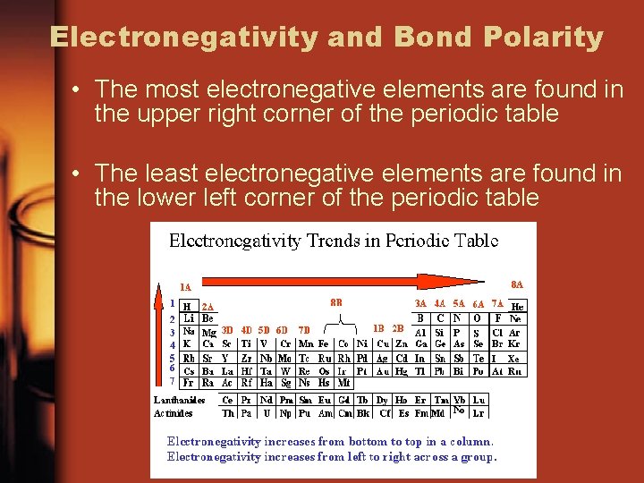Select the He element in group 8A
pyautogui.click(x=517, y=306)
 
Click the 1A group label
pyautogui.click(x=185, y=287)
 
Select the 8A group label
pyautogui.click(x=517, y=284)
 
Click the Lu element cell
pyautogui.click(x=479, y=400)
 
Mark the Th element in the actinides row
pyautogui.click(x=228, y=413)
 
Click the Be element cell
pyautogui.click(x=208, y=318)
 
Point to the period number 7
pyautogui.click(x=172, y=382)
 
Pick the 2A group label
pyautogui.click(x=208, y=306)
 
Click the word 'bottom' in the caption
pyautogui.click(x=358, y=441)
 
